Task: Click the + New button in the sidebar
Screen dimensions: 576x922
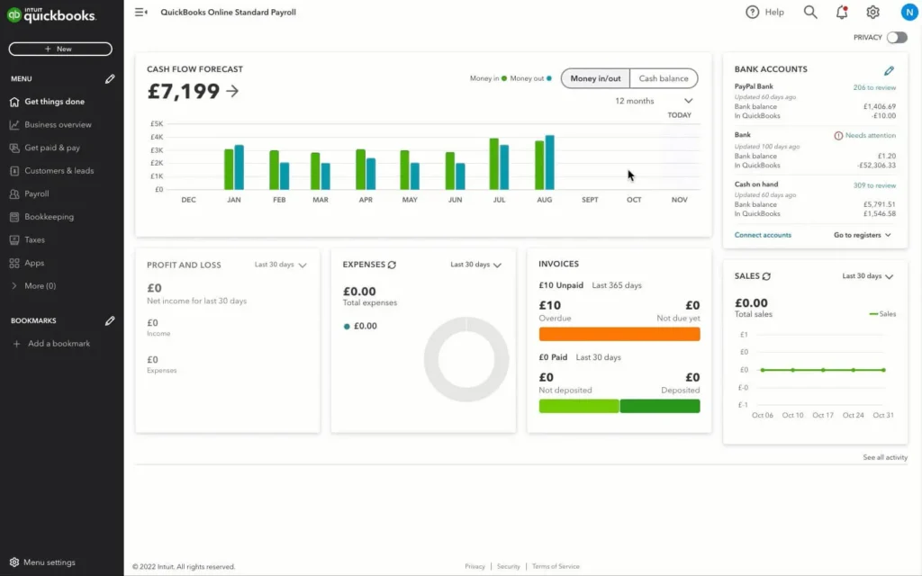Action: (x=60, y=49)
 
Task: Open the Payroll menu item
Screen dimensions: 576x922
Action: (x=37, y=193)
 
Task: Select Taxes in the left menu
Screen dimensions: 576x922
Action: (x=35, y=240)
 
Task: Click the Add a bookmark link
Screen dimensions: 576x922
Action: (x=59, y=344)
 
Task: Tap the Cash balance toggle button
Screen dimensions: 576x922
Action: (x=664, y=78)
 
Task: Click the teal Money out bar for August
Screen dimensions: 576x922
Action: (x=549, y=163)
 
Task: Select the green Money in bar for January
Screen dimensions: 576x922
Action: (x=229, y=169)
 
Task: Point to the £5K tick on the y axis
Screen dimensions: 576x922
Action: (x=156, y=123)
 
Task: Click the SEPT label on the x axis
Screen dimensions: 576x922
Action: (x=590, y=200)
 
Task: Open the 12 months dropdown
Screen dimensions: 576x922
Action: (x=654, y=101)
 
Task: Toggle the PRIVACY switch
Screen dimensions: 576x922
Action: (x=897, y=38)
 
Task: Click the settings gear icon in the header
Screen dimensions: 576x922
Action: (x=872, y=12)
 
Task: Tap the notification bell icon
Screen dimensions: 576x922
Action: (x=842, y=12)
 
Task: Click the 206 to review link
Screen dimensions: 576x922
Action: (x=874, y=87)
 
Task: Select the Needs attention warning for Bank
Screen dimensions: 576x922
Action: (x=864, y=136)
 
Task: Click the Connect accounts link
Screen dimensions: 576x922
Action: (x=763, y=235)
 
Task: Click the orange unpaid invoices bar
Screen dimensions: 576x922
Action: (x=619, y=334)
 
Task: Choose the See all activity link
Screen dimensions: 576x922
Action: (x=884, y=458)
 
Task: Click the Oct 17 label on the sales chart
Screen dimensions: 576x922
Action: (x=823, y=415)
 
